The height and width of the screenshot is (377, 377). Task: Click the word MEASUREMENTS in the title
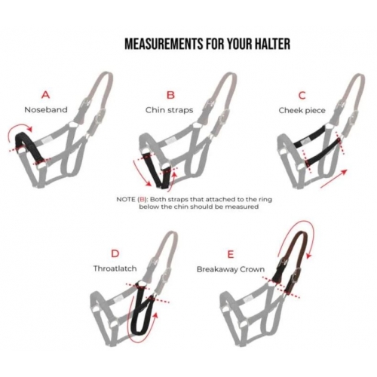click(x=164, y=44)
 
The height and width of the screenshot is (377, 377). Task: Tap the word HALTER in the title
click(x=271, y=44)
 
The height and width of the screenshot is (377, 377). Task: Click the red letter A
click(x=45, y=95)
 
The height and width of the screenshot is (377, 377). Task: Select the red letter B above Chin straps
click(x=170, y=95)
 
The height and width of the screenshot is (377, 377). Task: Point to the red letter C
click(x=302, y=96)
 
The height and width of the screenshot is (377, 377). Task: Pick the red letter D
click(x=115, y=254)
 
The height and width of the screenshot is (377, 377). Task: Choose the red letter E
click(x=231, y=255)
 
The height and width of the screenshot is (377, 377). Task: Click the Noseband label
click(x=46, y=110)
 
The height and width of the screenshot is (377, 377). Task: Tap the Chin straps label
click(x=169, y=110)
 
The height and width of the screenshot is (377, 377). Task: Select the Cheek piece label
click(x=302, y=110)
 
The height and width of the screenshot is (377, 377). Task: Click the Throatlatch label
click(x=115, y=268)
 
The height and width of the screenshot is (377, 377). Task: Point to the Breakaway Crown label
click(x=231, y=269)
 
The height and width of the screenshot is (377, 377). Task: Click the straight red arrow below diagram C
click(x=333, y=179)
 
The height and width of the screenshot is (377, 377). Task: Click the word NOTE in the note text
click(x=126, y=200)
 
